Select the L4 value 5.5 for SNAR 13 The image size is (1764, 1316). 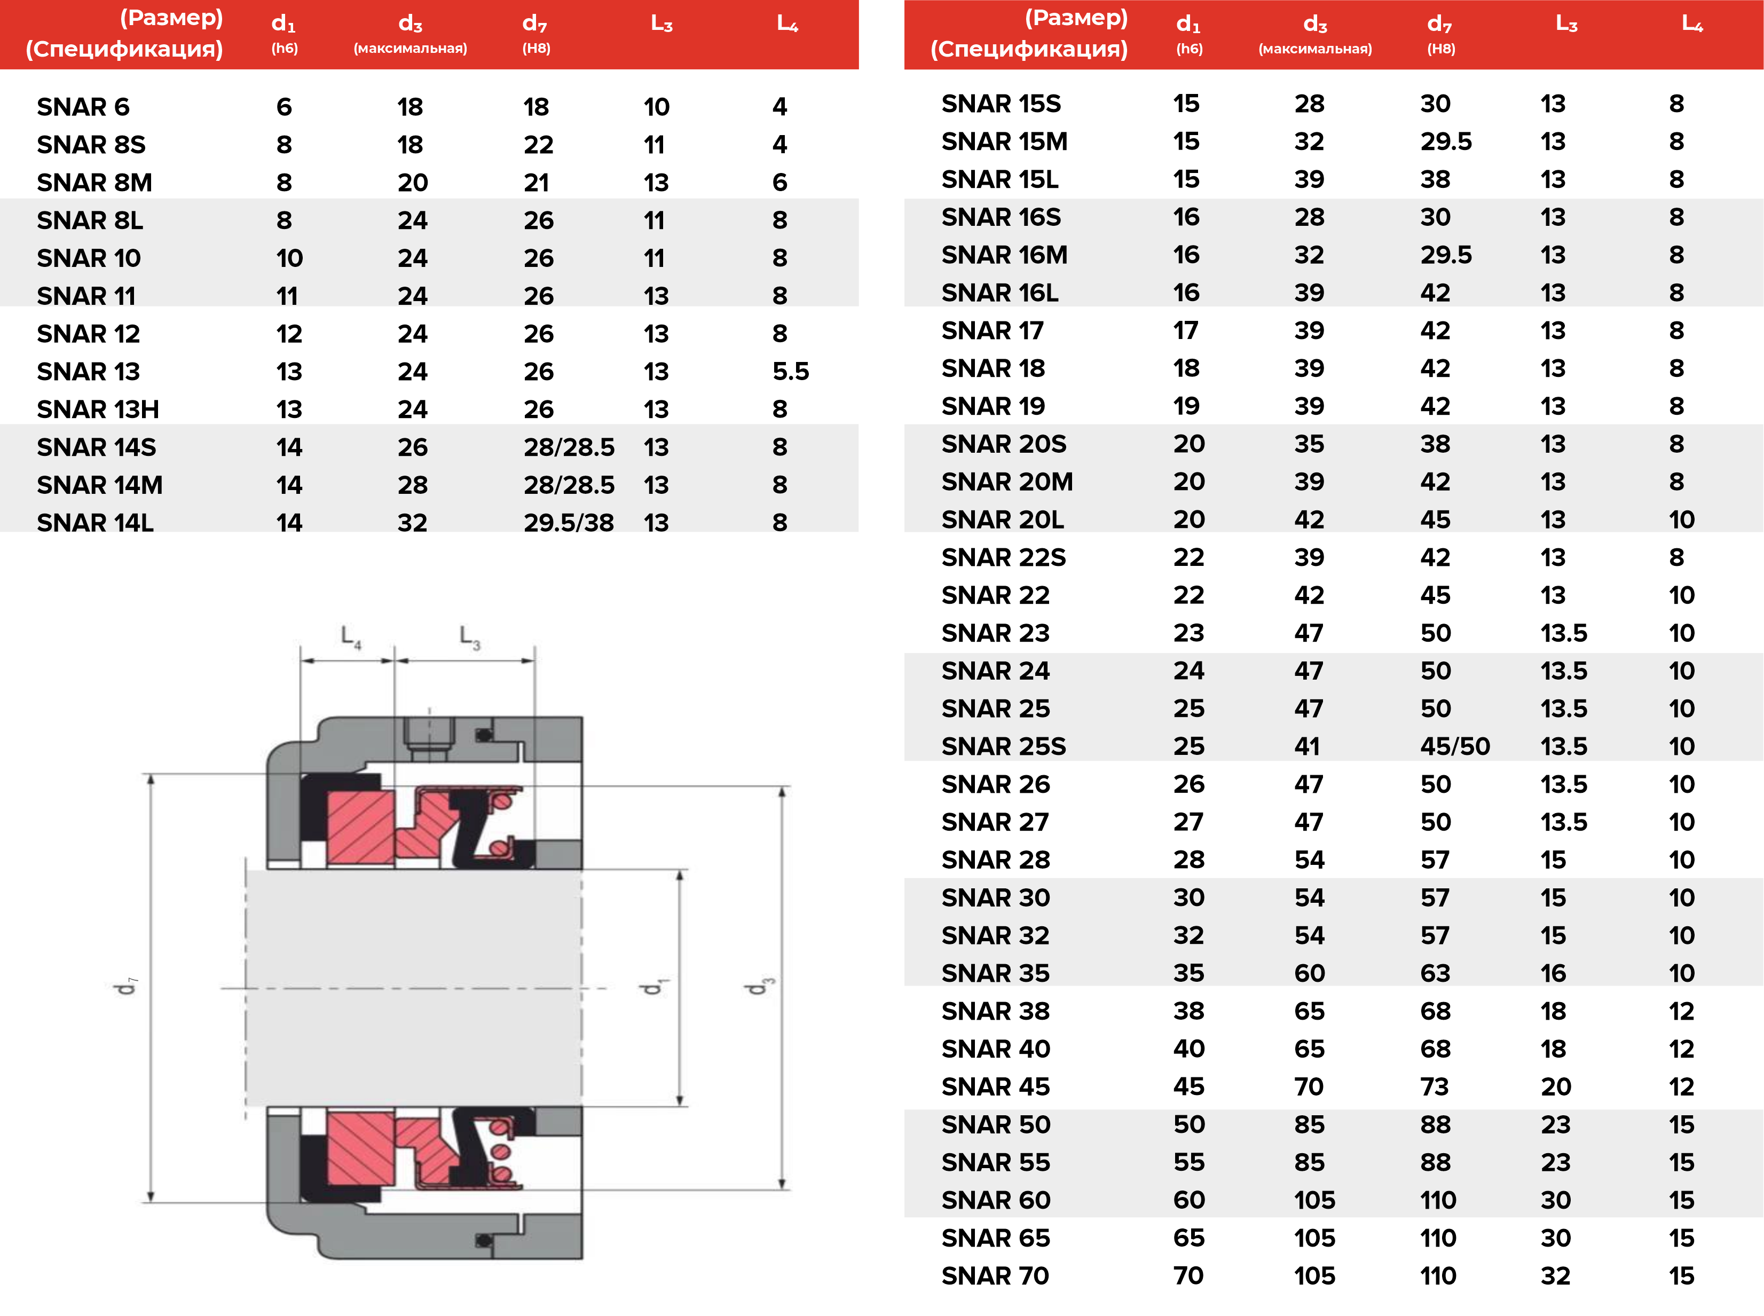790,371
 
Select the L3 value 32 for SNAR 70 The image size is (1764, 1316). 1555,1276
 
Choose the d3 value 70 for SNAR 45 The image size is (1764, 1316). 1308,1086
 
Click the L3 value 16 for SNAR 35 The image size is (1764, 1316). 1553,973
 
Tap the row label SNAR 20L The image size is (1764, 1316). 1002,519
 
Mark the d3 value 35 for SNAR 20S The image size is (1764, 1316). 1308,444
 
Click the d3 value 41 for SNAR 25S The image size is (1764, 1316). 1306,746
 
